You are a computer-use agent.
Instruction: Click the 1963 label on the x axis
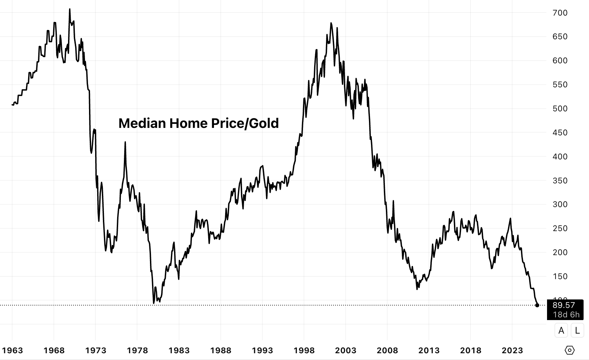[x=12, y=350]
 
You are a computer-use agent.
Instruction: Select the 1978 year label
[x=137, y=350]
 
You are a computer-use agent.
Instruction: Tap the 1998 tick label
[x=304, y=350]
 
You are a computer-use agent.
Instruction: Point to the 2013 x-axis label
[x=429, y=350]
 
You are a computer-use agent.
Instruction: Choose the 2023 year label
[x=512, y=350]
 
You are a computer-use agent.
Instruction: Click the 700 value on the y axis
[x=560, y=13]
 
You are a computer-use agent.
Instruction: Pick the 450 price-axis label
[x=560, y=133]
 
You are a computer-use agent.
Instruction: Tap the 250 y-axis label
[x=560, y=228]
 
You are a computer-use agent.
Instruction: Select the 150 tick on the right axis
[x=560, y=276]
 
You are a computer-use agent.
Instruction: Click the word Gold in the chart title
[x=264, y=123]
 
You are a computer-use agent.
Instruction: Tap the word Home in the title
[x=188, y=123]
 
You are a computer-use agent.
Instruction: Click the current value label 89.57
[x=564, y=305]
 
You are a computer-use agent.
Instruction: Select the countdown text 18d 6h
[x=566, y=315]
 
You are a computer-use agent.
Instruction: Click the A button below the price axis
[x=561, y=330]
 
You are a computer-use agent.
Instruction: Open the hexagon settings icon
[x=570, y=350]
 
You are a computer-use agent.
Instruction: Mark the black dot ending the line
[x=537, y=305]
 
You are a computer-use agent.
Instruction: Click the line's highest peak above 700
[x=70, y=9]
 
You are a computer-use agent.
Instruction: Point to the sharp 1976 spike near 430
[x=125, y=142]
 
